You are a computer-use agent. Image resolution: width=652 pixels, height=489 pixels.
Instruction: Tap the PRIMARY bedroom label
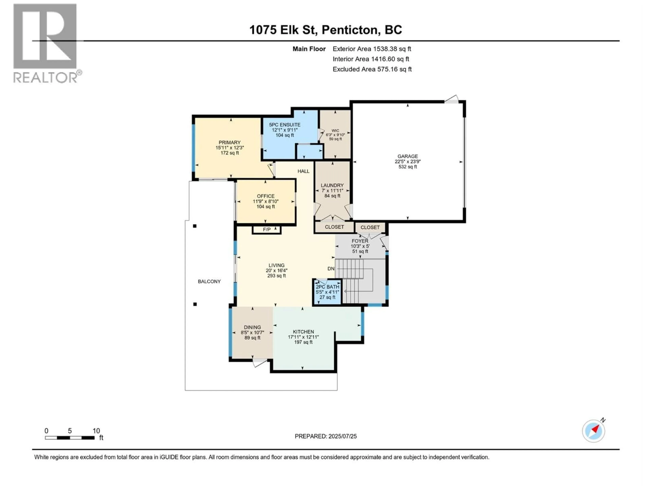click(229, 142)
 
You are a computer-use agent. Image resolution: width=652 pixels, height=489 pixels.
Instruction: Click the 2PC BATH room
click(327, 292)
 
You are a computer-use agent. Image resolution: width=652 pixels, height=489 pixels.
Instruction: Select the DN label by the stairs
click(331, 268)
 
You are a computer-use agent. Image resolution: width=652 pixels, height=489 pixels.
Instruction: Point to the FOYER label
click(360, 241)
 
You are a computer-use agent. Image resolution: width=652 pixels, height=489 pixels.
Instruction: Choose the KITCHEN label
click(303, 332)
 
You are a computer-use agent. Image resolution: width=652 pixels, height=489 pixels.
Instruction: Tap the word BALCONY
click(209, 282)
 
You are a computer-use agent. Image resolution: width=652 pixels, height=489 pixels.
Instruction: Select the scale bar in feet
click(70, 438)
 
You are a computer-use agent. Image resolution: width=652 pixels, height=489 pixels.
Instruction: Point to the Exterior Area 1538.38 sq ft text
click(372, 49)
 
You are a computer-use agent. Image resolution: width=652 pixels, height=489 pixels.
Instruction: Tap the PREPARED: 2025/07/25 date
click(325, 436)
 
